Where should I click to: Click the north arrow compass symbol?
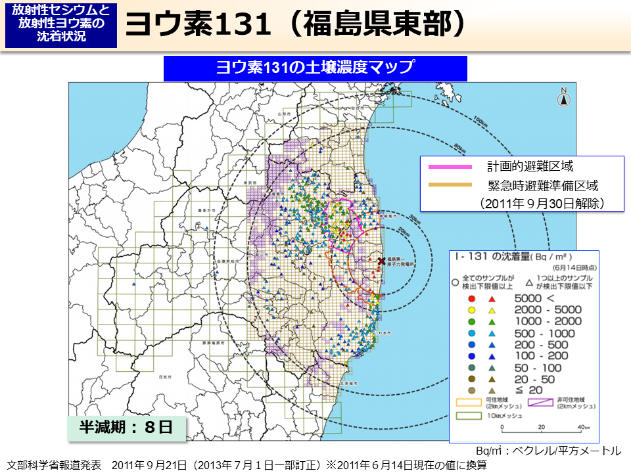tap(564, 97)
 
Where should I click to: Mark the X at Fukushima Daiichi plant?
tap(381, 261)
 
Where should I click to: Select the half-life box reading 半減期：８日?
tap(126, 427)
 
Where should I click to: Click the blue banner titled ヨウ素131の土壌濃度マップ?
tap(315, 68)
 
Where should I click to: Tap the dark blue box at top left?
tap(61, 24)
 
